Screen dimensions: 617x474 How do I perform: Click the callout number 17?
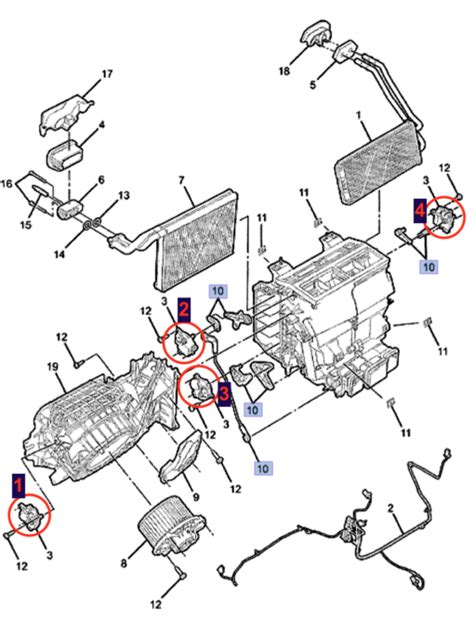[x=107, y=74]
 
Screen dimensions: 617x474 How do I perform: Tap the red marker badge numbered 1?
[x=19, y=487]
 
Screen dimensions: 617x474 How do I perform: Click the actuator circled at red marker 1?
[x=30, y=517]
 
